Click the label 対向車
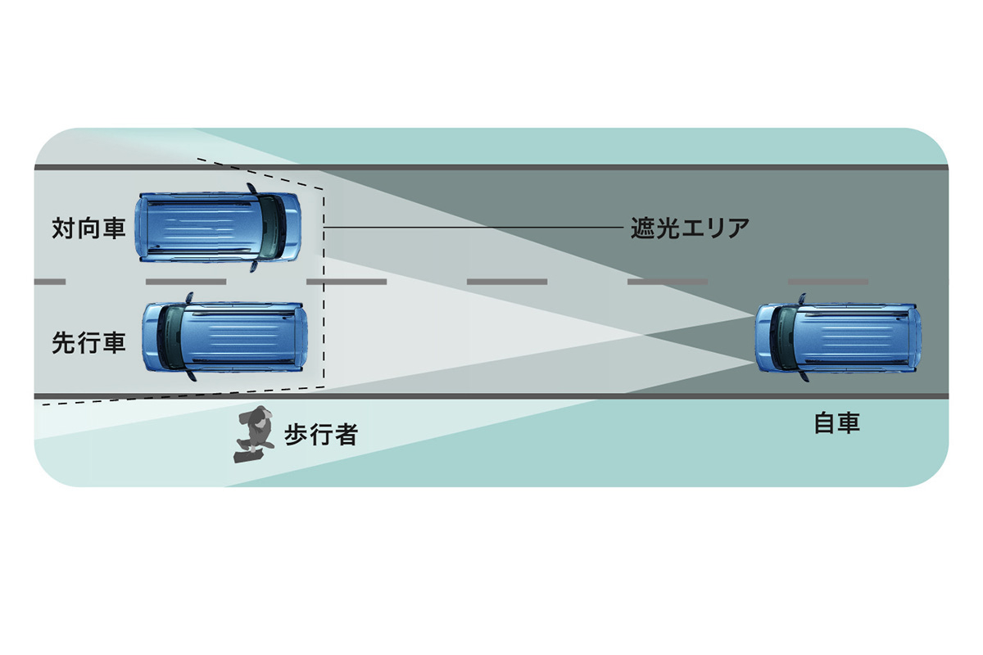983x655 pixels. click(88, 228)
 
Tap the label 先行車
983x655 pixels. click(88, 342)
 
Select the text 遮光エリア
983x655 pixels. click(690, 228)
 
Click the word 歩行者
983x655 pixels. click(320, 434)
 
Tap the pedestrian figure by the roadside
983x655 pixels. click(253, 435)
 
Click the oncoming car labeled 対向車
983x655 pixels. click(218, 228)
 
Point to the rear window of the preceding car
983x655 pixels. click(170, 338)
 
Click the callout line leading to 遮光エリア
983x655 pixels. click(475, 227)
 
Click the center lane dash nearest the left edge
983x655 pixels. click(49, 282)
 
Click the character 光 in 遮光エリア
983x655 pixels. click(661, 228)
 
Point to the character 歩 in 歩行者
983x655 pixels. click(296, 434)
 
